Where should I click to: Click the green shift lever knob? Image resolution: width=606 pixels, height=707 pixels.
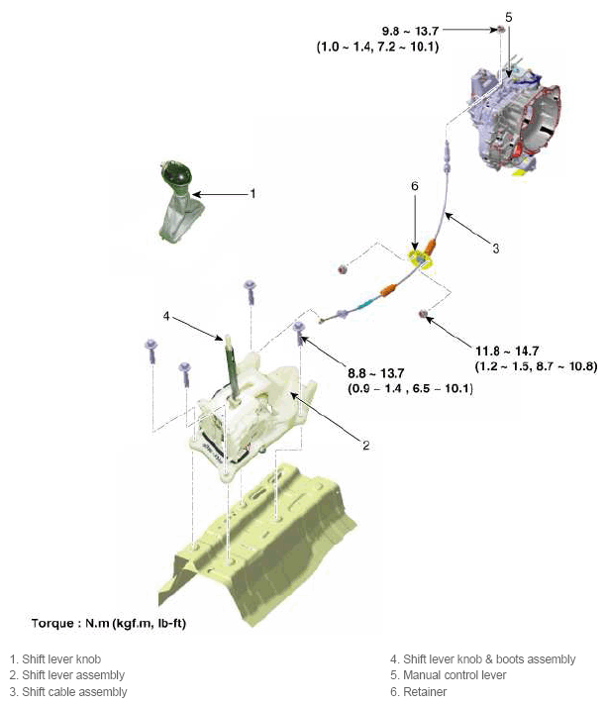[179, 202]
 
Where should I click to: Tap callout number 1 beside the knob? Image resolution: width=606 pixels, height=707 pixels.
[252, 193]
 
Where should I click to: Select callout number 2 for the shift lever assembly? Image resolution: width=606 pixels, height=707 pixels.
[366, 446]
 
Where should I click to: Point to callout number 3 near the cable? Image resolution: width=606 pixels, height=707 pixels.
[495, 249]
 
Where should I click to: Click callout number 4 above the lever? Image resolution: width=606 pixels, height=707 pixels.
[166, 316]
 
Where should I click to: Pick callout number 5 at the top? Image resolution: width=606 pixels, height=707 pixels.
[509, 17]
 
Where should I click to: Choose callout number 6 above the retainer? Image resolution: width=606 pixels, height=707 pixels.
[414, 186]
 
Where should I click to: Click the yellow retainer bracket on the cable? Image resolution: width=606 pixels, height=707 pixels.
[421, 260]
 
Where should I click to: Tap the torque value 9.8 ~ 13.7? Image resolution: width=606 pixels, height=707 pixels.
[410, 31]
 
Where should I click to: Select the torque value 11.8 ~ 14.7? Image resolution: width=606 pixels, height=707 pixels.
[507, 351]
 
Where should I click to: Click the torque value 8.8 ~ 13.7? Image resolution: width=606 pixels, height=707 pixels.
[375, 373]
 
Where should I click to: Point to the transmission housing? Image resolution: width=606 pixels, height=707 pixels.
[515, 120]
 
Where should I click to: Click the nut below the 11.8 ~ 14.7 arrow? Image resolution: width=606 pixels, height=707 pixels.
[424, 314]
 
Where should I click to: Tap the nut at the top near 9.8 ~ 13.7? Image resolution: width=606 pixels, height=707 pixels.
[500, 30]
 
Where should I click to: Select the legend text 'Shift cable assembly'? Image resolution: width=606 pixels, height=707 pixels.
[74, 692]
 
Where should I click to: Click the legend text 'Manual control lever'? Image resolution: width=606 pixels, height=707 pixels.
[454, 675]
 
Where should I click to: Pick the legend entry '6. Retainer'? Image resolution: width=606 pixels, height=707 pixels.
[419, 692]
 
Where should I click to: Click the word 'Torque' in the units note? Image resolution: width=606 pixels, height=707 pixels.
[52, 624]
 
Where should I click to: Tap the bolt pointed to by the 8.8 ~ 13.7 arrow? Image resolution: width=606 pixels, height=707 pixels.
[299, 333]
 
